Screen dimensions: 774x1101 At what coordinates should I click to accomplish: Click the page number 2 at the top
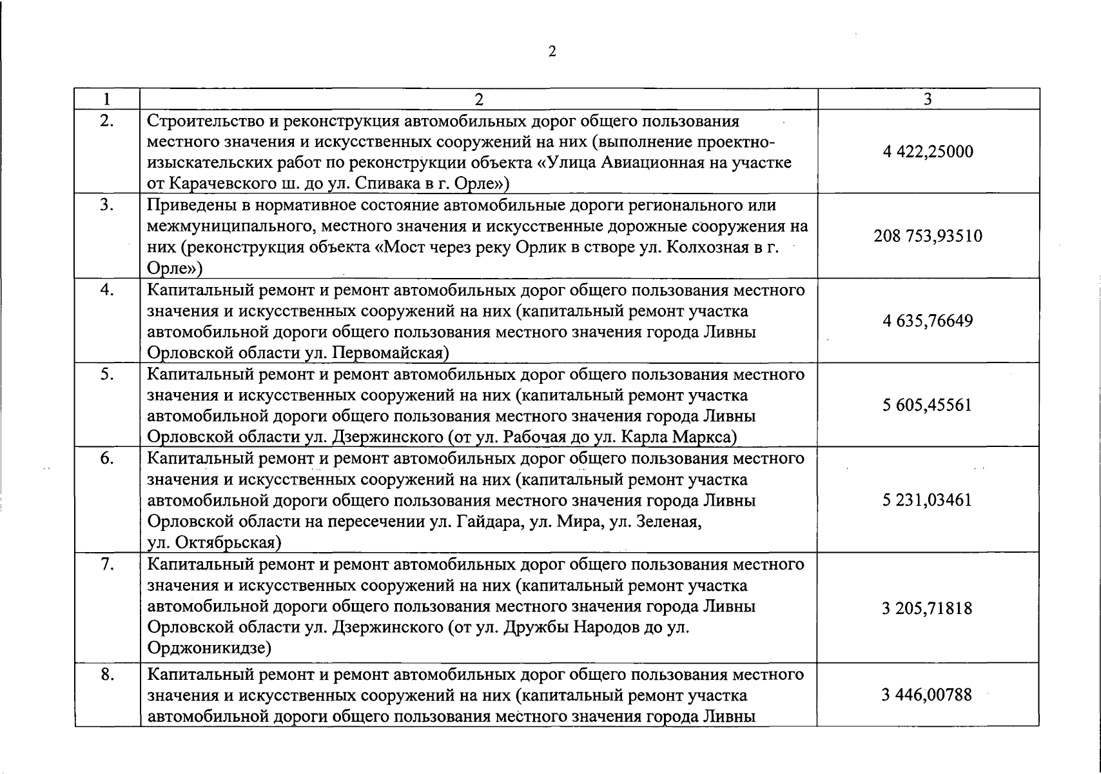(x=551, y=52)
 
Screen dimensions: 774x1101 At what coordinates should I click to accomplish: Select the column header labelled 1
(x=106, y=99)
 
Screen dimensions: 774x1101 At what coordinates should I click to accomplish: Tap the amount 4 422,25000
(x=928, y=152)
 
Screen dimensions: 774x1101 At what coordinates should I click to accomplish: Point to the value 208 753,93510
(x=928, y=236)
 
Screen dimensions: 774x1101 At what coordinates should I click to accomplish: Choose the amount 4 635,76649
(x=928, y=321)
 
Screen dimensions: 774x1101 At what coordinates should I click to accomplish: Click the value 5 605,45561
(x=928, y=405)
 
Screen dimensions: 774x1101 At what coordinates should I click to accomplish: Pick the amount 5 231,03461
(x=928, y=500)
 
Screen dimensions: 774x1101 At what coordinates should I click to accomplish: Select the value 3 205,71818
(x=928, y=608)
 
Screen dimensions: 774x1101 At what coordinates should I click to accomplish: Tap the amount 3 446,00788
(x=928, y=695)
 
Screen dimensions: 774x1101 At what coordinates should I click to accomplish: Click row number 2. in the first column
(x=107, y=121)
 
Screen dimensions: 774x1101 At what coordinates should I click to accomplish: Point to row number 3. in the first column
(x=107, y=205)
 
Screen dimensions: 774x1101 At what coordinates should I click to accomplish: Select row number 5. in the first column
(x=107, y=374)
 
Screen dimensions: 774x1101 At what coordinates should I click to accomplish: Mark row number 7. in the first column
(x=107, y=564)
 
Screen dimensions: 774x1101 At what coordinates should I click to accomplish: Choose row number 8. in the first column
(x=107, y=675)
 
